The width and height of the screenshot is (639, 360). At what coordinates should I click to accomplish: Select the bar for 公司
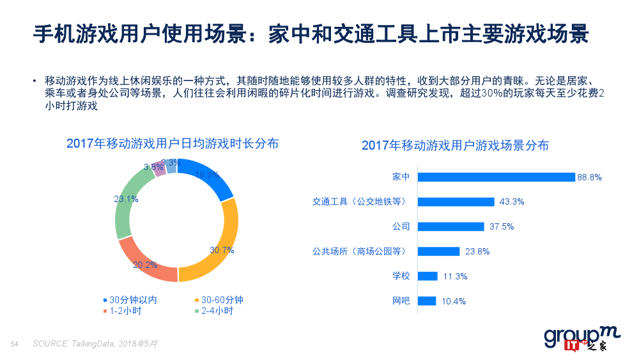tap(450, 226)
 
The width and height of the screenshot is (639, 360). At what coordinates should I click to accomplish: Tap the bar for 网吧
tap(426, 301)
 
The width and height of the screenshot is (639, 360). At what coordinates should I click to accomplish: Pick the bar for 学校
tap(427, 276)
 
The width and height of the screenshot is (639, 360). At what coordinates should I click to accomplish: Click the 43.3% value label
tap(511, 202)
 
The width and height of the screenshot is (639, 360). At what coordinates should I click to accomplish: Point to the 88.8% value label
tap(589, 177)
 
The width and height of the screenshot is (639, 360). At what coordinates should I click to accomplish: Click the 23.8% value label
tap(477, 251)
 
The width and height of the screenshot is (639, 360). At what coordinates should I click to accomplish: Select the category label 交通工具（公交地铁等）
tap(359, 202)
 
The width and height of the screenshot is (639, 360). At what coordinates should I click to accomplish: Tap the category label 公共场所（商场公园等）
tap(359, 251)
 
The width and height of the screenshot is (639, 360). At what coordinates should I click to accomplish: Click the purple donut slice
tap(159, 168)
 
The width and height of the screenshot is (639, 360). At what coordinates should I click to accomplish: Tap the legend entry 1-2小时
tap(125, 311)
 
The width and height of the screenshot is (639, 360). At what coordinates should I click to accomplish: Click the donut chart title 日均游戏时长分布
tap(173, 143)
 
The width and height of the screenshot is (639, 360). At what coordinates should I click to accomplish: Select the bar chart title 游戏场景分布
tap(455, 145)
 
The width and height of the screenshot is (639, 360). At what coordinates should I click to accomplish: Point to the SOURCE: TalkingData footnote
tap(95, 344)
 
